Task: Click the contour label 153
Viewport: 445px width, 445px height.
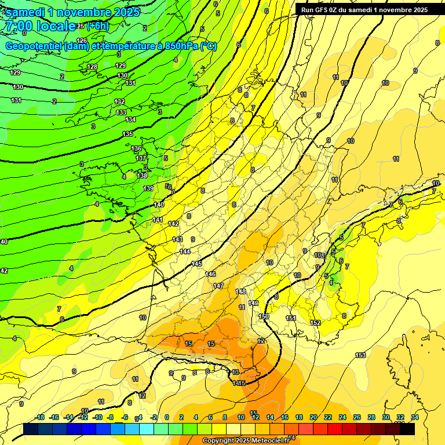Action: (360, 355)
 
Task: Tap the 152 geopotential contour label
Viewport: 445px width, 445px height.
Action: (315, 323)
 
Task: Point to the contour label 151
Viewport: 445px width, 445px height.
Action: (291, 318)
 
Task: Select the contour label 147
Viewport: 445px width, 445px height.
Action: (218, 286)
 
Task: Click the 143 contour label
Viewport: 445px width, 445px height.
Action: (177, 239)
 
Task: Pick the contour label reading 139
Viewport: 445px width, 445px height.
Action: (149, 188)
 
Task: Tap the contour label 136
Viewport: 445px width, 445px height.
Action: (136, 148)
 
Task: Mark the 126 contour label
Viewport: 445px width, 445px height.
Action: (82, 40)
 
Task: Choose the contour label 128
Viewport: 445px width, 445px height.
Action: (93, 67)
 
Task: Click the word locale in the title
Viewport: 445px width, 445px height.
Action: (56, 26)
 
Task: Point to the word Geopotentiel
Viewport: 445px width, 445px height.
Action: (34, 46)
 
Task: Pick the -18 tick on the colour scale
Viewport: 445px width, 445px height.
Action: (40, 417)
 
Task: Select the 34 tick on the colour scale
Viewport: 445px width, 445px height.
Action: (415, 417)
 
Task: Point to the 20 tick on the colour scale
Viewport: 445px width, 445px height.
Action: (313, 417)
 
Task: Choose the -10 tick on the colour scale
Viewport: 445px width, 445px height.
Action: (97, 417)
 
